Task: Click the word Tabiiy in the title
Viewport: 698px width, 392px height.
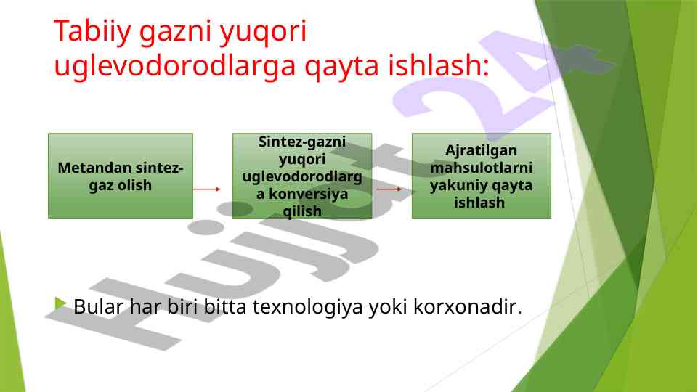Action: tap(92, 32)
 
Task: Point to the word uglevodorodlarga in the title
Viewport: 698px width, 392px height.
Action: tap(175, 67)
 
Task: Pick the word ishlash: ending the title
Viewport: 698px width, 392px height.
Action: tap(439, 65)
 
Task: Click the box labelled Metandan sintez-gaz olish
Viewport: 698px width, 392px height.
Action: tap(121, 176)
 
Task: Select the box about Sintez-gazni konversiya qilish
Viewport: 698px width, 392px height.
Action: tap(302, 176)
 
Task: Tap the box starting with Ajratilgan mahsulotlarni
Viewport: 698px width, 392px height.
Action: tap(482, 176)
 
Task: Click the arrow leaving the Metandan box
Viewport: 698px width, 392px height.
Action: tap(206, 189)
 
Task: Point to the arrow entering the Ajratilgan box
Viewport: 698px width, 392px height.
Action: tap(389, 189)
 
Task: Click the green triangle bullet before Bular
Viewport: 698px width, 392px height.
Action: tap(60, 304)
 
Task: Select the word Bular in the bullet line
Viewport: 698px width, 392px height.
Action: tap(98, 306)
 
